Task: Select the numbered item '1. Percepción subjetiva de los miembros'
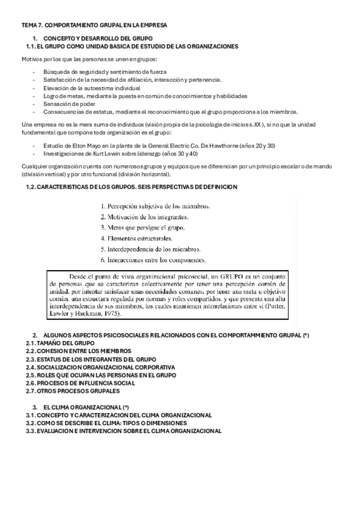pyautogui.click(x=155, y=206)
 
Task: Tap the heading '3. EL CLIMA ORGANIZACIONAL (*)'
pyautogui.click(x=86, y=407)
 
